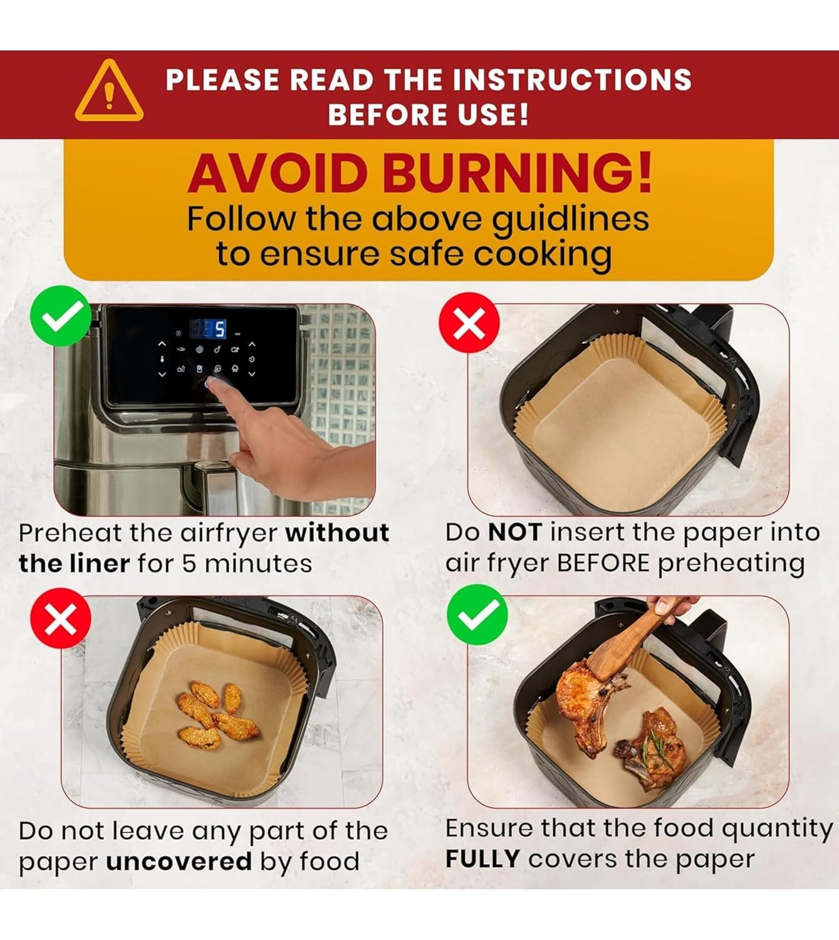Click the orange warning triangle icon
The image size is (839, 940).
click(x=109, y=91)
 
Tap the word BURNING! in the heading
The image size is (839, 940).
click(x=518, y=174)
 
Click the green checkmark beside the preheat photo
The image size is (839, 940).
click(x=61, y=316)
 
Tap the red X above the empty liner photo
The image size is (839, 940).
click(x=469, y=323)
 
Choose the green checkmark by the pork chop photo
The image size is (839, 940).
click(x=477, y=615)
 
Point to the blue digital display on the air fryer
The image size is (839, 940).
click(x=207, y=328)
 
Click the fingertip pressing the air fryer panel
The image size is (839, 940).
click(x=211, y=382)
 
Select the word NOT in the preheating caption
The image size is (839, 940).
click(x=514, y=532)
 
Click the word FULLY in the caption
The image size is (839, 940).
click(x=482, y=859)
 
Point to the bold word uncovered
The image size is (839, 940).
click(x=179, y=862)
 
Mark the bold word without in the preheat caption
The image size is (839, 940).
click(x=337, y=533)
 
